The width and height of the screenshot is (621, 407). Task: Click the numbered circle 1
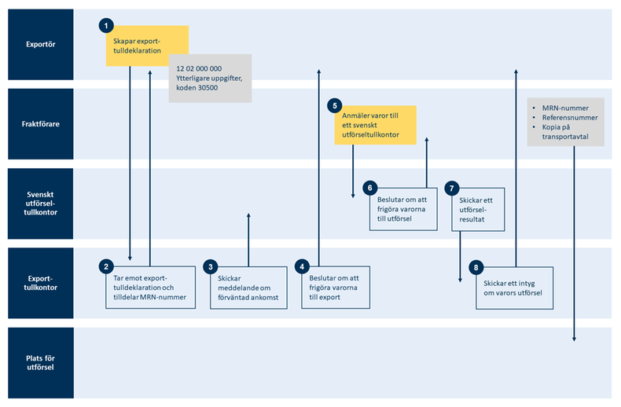pos(106,26)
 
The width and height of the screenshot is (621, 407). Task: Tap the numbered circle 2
pos(106,266)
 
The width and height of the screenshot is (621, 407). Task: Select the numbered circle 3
pos(211,266)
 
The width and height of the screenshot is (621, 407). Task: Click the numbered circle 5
pos(334,105)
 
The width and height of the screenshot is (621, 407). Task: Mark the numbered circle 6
pos(369,189)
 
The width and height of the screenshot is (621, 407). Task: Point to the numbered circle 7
pos(451,189)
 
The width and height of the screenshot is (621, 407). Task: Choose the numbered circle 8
pos(476,267)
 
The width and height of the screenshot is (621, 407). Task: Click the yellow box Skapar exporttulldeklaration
pos(147,46)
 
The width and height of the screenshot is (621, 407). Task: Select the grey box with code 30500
pos(210,79)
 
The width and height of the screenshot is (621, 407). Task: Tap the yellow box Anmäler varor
pos(374,126)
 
